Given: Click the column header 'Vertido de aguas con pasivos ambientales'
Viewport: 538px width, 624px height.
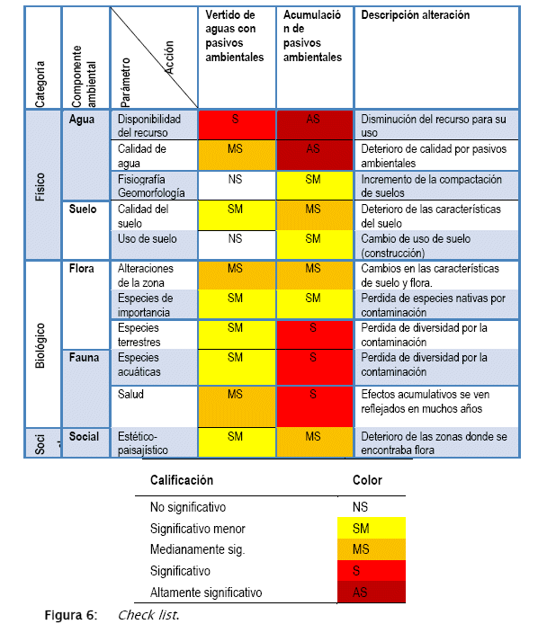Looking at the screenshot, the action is [235, 36].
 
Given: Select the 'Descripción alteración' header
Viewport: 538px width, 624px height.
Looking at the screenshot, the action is [416, 15].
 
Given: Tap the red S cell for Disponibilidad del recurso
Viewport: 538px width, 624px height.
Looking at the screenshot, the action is [237, 125].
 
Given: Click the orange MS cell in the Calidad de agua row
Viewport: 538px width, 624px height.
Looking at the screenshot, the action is [237, 155].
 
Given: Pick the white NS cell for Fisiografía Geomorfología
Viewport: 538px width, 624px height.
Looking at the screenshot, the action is [237, 185].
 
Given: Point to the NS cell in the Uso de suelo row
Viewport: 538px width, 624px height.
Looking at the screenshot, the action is [237, 245].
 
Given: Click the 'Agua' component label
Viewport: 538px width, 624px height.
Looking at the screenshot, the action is [82, 120].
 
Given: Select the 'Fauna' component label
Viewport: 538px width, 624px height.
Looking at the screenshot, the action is [84, 357].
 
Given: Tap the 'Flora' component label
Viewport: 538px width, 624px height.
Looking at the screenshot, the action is [81, 269].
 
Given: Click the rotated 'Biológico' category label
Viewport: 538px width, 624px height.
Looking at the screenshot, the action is [40, 345].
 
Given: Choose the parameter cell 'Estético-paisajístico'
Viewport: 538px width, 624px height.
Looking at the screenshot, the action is [142, 443].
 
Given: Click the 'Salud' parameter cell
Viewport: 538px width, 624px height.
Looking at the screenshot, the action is [130, 395].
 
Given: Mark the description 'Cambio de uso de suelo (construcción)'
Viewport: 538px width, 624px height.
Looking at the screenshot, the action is [416, 245].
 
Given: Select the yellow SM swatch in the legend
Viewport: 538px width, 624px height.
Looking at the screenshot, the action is [372, 528].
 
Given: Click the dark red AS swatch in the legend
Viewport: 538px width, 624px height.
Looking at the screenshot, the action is [372, 593].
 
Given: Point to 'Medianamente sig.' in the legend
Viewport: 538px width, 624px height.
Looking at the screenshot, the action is [197, 549].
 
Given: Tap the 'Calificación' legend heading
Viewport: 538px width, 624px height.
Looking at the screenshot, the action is [182, 480].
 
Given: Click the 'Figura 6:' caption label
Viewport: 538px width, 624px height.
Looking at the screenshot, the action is [71, 615].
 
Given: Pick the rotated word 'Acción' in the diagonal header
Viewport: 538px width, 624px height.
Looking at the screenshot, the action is [169, 58].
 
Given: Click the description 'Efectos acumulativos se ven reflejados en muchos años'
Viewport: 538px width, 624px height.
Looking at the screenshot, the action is [425, 402].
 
